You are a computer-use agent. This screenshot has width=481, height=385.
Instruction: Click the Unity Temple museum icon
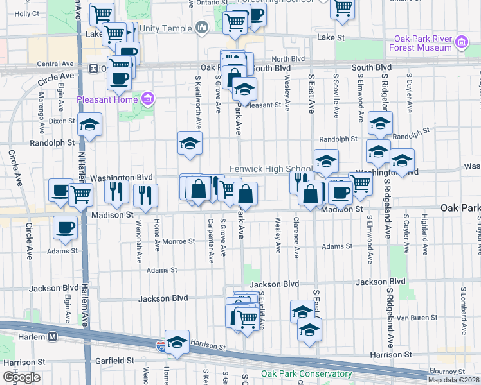203,28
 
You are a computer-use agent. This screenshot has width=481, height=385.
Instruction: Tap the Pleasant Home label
107,99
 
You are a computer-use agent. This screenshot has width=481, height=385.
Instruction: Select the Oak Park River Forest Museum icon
460,43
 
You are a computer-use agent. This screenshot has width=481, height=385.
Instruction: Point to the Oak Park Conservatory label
298,374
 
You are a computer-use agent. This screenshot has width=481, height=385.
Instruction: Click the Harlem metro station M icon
52,337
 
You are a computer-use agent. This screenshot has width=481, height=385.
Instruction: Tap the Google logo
21,377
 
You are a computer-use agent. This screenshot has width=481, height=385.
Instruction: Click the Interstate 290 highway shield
159,345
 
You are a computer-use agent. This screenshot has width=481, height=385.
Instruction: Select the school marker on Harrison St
177,341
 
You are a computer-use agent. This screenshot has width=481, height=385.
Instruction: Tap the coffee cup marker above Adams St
66,227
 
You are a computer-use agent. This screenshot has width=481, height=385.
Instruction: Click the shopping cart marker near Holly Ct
102,13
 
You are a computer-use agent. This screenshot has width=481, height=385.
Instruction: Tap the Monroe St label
178,241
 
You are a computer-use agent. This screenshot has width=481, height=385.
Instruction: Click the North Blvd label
289,58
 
